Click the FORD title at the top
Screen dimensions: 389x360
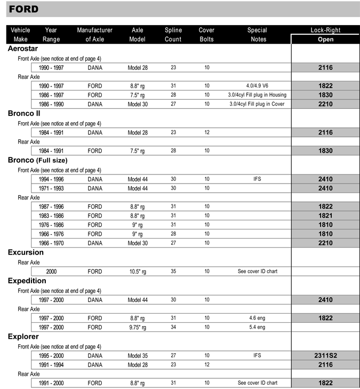point(23,9)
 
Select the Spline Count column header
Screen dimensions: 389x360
point(173,35)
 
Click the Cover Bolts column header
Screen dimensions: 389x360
point(206,35)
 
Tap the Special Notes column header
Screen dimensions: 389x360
point(257,35)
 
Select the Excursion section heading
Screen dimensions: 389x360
point(26,252)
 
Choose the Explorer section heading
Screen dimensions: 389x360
point(23,337)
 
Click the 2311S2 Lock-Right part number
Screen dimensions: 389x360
point(325,355)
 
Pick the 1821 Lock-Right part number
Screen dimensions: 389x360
point(325,216)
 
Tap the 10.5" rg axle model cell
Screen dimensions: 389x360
point(138,272)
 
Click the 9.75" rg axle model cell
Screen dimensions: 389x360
point(138,327)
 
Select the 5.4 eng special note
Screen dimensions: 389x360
point(257,327)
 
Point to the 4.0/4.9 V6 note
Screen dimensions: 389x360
point(257,85)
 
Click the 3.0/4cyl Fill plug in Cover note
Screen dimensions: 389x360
point(257,104)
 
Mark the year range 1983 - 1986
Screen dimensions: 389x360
point(51,216)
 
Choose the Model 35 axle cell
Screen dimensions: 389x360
point(138,355)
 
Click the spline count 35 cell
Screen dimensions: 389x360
point(173,272)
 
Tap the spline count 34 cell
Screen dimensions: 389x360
point(173,327)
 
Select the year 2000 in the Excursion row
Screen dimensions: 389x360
point(51,272)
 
